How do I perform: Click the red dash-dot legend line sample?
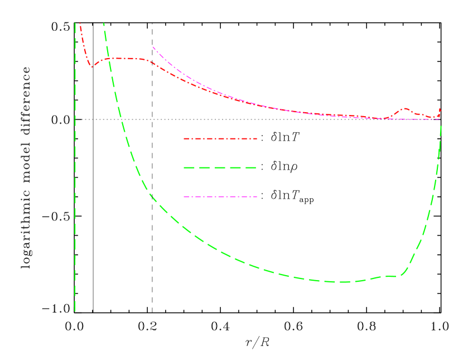pyautogui.click(x=220, y=138)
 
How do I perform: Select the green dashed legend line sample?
pyautogui.click(x=220, y=167)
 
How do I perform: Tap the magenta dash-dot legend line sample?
pyautogui.click(x=220, y=196)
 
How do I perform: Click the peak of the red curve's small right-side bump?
pyautogui.click(x=404, y=108)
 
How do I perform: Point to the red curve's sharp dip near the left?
pyautogui.click(x=91, y=67)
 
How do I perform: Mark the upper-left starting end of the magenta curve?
pyautogui.click(x=153, y=47)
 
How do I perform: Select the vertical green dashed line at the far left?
pyautogui.click(x=75, y=167)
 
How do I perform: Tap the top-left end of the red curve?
pyautogui.click(x=80, y=23)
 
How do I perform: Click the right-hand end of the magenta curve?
pyautogui.click(x=440, y=119)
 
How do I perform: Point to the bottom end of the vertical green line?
pyautogui.click(x=75, y=311)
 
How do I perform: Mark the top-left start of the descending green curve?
pyautogui.click(x=104, y=23)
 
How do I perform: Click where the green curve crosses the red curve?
pyautogui.click(x=109, y=59)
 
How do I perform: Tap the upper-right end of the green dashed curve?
pyautogui.click(x=441, y=126)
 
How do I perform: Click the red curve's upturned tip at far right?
pyautogui.click(x=440, y=109)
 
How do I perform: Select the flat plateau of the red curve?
pyautogui.click(x=126, y=58)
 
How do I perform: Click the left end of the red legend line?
pyautogui.click(x=185, y=138)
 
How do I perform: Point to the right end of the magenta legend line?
pyautogui.click(x=257, y=196)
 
